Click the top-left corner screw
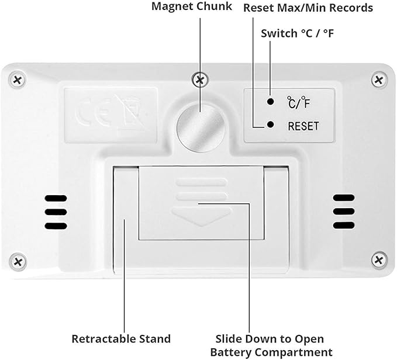(17, 80)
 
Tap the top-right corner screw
(379, 80)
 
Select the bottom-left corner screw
(18, 261)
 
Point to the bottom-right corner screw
(379, 260)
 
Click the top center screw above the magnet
(200, 80)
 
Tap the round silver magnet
(201, 129)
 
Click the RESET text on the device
(303, 126)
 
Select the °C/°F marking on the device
(299, 102)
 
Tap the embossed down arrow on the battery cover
(201, 216)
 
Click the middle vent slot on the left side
(56, 212)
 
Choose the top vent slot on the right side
(344, 198)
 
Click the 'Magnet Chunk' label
(192, 6)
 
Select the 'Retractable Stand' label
(121, 339)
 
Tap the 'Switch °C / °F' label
(298, 33)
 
